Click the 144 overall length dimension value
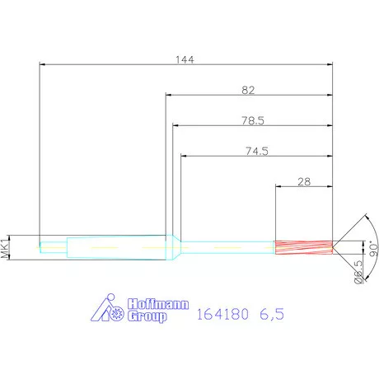(x=185, y=59)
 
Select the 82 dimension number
(x=248, y=90)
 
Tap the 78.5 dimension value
(x=253, y=120)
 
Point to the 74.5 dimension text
(x=257, y=151)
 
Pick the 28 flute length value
(x=304, y=181)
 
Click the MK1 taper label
(x=5, y=249)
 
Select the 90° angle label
(x=373, y=249)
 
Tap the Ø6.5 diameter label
(x=358, y=272)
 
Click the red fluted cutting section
(x=304, y=247)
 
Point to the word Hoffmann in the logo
(x=158, y=304)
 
